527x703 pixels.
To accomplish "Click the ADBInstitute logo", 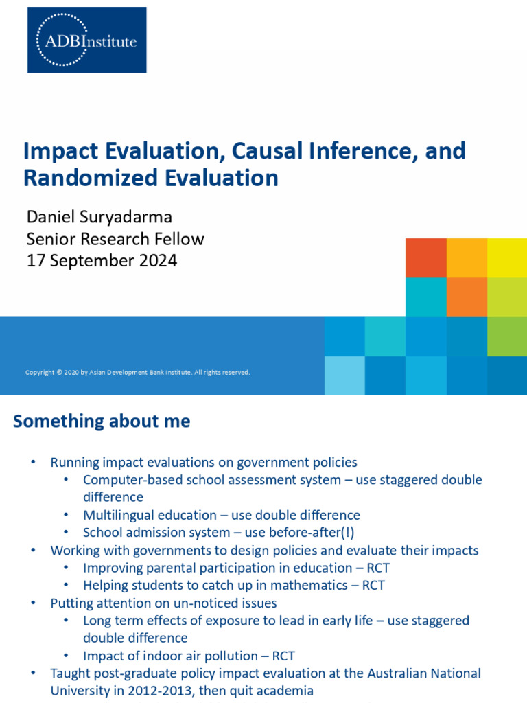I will coord(86,40).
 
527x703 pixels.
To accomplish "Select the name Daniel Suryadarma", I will coord(99,217).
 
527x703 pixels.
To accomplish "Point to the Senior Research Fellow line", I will coord(115,239).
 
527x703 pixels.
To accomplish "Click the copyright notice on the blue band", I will coord(137,373).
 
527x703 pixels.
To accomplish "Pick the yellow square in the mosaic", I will coord(507,257).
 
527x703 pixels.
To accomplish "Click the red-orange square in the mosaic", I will coord(425,257).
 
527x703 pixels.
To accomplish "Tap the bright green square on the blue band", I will coord(507,336).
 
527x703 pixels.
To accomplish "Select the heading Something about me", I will coord(102,422).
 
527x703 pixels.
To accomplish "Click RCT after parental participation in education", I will coord(377,568).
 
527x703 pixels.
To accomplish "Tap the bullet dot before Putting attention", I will coord(33,603).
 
